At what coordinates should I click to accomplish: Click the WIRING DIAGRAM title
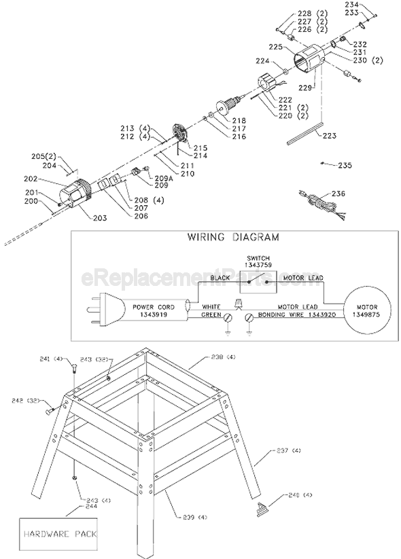(232, 238)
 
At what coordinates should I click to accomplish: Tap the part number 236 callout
(338, 194)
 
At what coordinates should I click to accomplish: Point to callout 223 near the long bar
(329, 136)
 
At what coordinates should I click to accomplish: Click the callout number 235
(345, 165)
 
